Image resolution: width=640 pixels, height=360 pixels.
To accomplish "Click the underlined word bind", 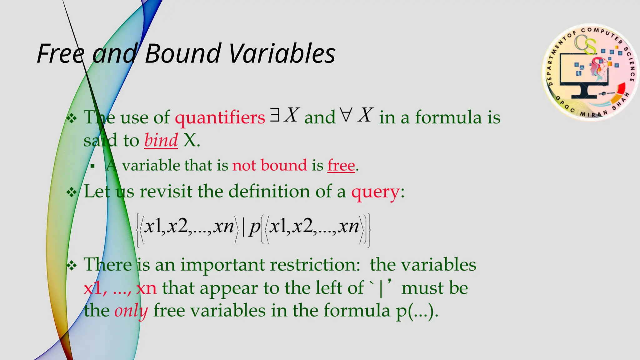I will click(x=161, y=141).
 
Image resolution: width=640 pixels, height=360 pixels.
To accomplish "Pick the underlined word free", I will click(x=341, y=165).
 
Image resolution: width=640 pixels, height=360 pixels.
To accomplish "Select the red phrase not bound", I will click(x=269, y=165).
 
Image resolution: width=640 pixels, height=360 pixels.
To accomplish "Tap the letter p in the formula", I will click(x=254, y=227).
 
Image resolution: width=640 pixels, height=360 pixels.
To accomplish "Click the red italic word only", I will click(x=131, y=311).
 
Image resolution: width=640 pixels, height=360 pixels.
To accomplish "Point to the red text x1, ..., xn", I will click(x=120, y=288).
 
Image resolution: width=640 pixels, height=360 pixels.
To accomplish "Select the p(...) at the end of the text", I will click(x=417, y=311).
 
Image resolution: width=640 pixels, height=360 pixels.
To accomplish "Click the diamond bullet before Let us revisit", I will click(x=72, y=192).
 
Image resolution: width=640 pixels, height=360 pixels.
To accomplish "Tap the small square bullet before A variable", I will click(x=92, y=166).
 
